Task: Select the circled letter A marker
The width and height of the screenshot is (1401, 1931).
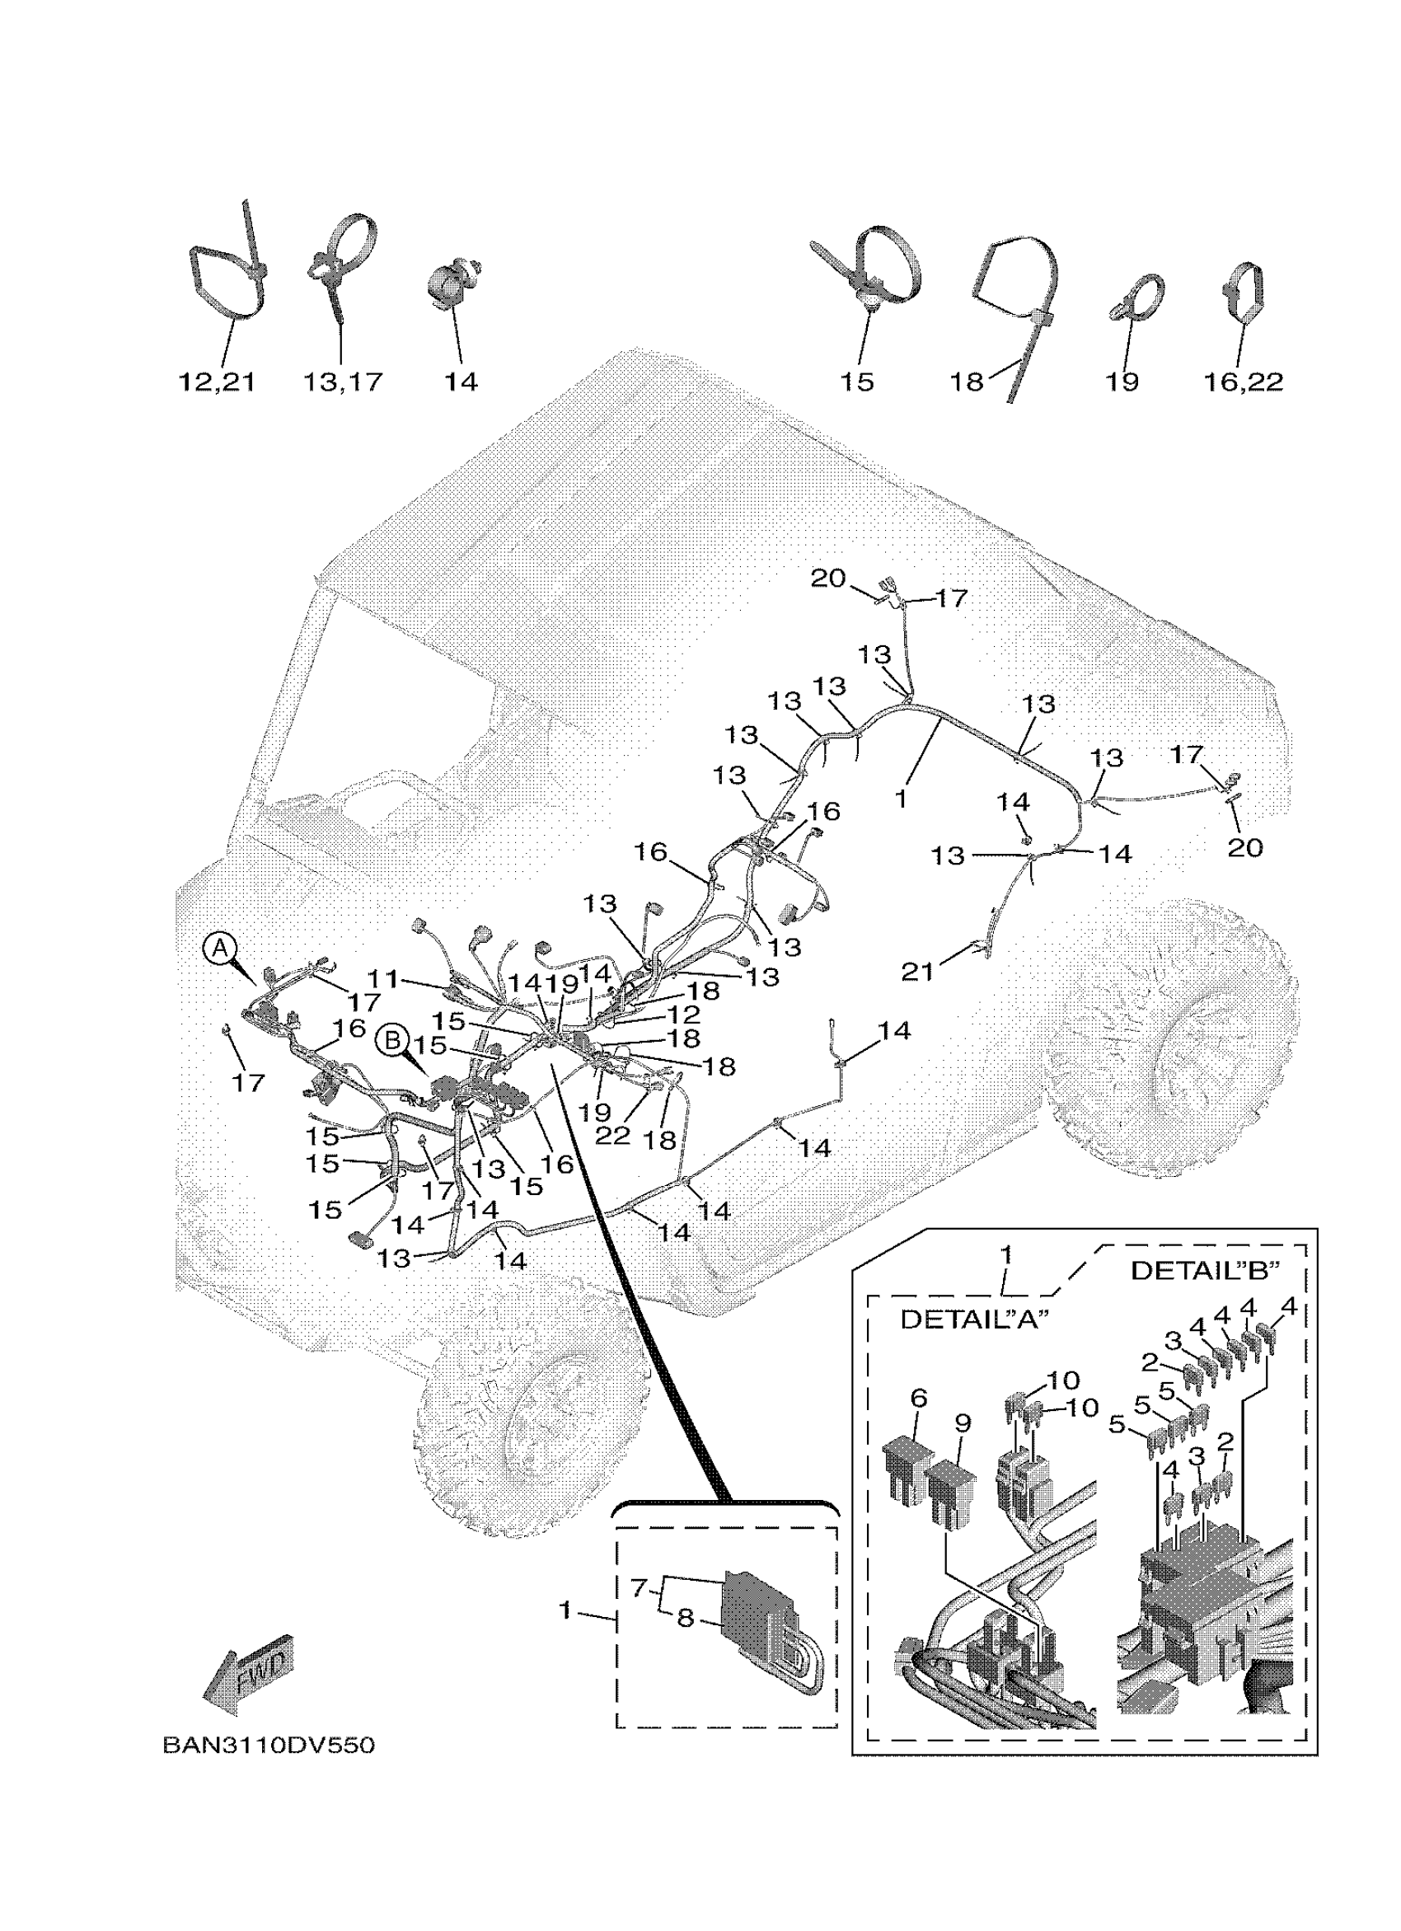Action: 219,947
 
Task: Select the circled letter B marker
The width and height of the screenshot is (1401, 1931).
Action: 392,1040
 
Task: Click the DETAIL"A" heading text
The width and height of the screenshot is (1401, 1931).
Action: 975,1320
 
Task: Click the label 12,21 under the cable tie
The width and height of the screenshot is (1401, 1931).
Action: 216,382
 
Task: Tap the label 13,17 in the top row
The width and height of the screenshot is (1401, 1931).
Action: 342,382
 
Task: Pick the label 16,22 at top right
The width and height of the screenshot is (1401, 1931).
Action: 1243,382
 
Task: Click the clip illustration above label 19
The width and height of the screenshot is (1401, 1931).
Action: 1136,298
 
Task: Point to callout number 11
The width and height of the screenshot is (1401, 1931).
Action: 383,980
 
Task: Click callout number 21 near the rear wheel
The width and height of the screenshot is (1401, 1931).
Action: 916,972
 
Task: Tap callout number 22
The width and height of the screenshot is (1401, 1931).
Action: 612,1135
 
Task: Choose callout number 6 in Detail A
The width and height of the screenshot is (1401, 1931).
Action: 917,1399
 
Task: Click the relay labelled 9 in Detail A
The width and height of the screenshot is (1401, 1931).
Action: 952,1489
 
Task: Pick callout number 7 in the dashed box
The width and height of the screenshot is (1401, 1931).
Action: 640,1588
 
